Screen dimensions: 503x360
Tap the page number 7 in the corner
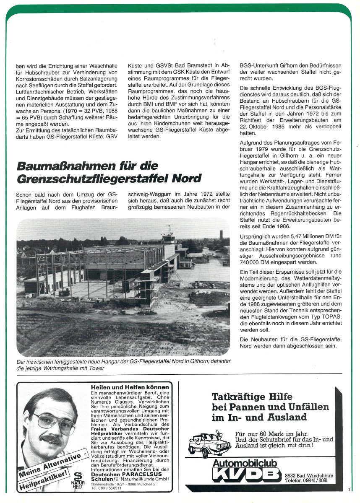[x=349, y=489]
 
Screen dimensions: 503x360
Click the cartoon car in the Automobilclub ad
[x=209, y=442]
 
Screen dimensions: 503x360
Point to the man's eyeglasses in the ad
[x=55, y=420]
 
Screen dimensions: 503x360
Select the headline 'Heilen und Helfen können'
[x=130, y=387]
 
